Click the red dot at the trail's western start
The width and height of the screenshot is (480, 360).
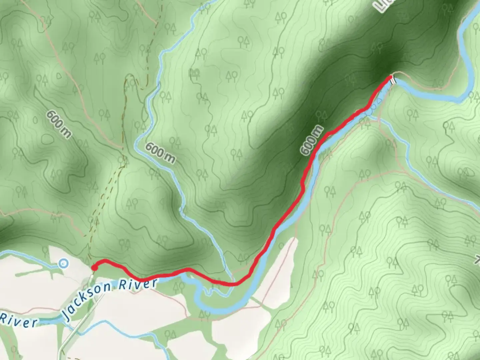coord(94,267)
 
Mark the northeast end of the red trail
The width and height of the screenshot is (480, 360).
coord(390,78)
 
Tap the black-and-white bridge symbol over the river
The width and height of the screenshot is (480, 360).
coord(394,80)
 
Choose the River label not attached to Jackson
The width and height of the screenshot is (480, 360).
coord(18,320)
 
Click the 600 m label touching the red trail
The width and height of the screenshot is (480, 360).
coord(311,140)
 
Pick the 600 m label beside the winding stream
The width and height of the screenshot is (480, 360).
coord(160,153)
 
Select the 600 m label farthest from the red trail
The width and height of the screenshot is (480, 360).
coord(59,124)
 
